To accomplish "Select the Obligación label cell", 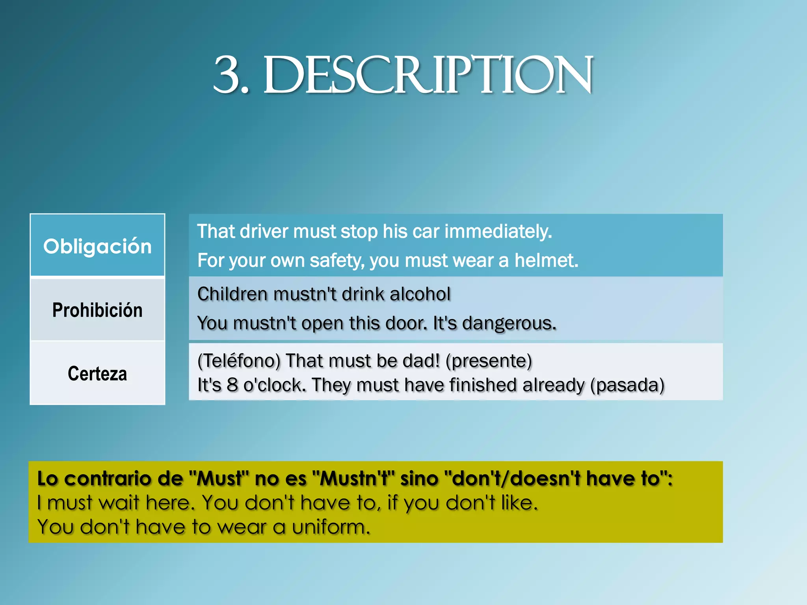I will tap(97, 246).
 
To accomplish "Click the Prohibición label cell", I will tap(97, 310).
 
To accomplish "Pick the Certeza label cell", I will tap(97, 373).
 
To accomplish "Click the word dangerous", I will tap(509, 323).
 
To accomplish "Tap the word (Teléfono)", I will tap(239, 361).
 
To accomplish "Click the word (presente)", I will tap(489, 361).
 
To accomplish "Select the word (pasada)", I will tap(627, 385).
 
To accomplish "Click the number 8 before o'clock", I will tap(232, 385).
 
